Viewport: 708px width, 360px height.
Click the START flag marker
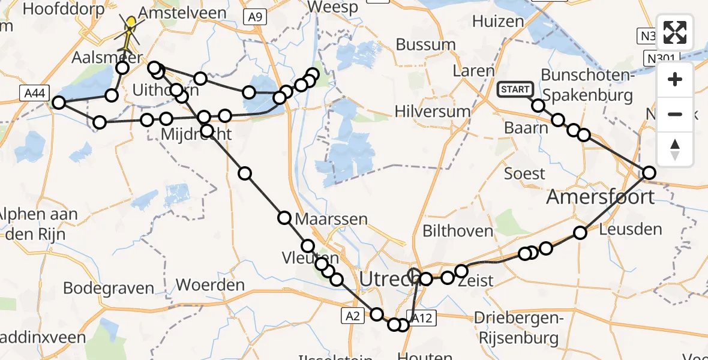515,90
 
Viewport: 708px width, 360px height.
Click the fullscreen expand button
676,32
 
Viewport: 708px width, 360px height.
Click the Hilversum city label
433,112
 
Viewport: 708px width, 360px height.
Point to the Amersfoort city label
600,197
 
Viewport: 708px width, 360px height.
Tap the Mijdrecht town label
196,134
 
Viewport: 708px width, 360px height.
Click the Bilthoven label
458,231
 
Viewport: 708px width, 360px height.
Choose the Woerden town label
210,285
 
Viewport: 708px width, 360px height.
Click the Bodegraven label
109,288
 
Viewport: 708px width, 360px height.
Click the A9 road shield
255,17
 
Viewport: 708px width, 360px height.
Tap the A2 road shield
352,315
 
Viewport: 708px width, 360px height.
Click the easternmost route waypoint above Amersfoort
649,173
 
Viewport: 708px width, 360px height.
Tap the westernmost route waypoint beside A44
58,103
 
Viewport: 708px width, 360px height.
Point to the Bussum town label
426,45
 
